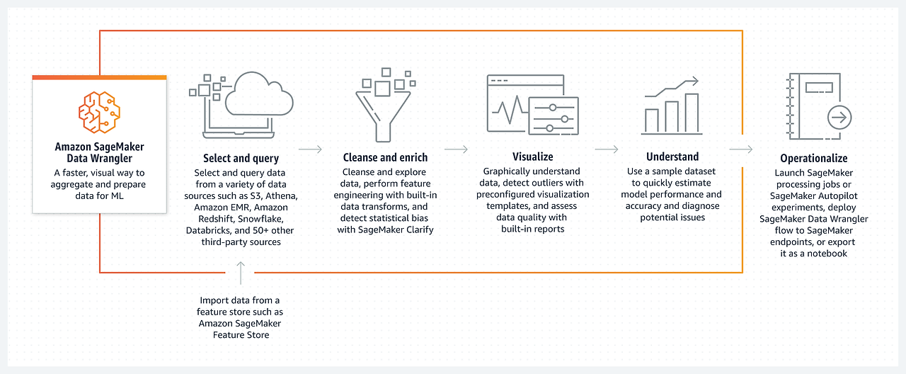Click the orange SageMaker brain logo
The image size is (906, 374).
click(99, 111)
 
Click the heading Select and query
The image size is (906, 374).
click(241, 158)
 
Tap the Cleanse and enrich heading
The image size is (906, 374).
click(384, 157)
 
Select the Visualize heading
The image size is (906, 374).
click(532, 156)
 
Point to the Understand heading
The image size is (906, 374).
click(672, 157)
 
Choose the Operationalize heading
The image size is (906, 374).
click(813, 158)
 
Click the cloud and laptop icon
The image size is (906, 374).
click(241, 104)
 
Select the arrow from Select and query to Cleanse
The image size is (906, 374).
click(310, 149)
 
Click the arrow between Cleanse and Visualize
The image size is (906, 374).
click(456, 149)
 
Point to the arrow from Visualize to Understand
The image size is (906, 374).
click(607, 149)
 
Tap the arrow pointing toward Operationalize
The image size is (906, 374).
click(740, 149)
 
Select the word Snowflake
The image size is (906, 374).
click(265, 219)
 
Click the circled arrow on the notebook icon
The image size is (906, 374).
click(839, 117)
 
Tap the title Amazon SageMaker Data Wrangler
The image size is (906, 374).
click(99, 152)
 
